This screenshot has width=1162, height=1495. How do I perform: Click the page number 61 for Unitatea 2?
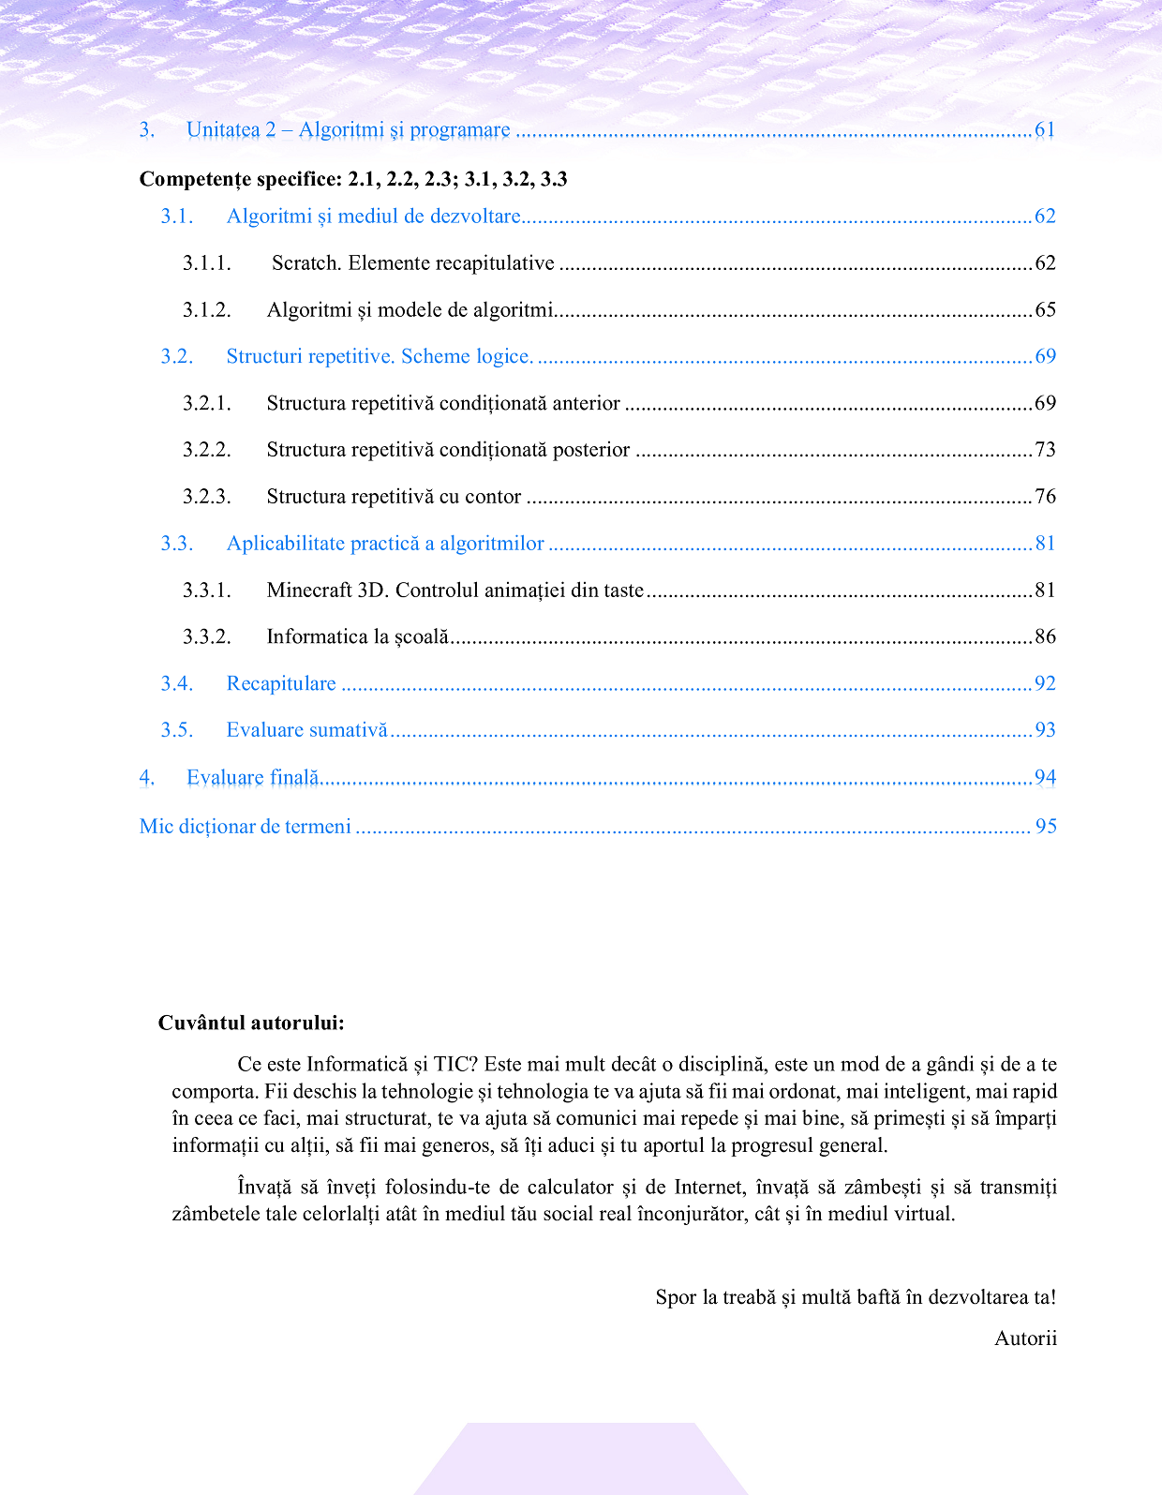[1045, 130]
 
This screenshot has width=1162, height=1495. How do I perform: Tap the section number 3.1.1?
[206, 263]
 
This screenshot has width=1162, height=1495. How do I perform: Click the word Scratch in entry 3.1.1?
[305, 263]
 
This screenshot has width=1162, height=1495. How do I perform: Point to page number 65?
[1045, 310]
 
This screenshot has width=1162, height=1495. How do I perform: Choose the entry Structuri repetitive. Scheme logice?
[380, 356]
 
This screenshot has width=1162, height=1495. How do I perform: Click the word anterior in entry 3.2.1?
[585, 403]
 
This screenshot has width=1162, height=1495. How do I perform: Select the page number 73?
[1045, 450]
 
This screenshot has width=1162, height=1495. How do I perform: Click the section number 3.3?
[176, 544]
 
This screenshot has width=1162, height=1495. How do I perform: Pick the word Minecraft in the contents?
[308, 591]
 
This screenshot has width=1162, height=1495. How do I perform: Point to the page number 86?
[1045, 637]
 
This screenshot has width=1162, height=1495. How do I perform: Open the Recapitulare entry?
[281, 684]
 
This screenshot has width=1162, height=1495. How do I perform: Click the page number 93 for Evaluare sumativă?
[1045, 730]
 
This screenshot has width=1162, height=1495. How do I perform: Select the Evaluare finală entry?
[253, 778]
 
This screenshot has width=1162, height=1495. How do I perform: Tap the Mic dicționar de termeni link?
[246, 827]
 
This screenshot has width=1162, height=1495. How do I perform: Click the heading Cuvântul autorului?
[251, 1023]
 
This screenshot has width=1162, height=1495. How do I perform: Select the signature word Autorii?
[1025, 1338]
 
